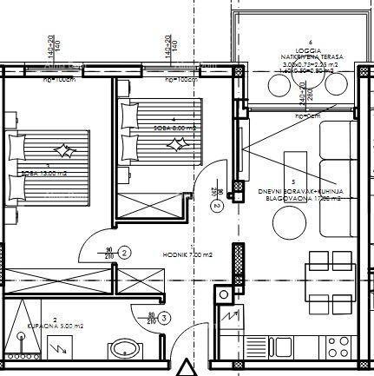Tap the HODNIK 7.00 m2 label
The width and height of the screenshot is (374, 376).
click(x=187, y=254)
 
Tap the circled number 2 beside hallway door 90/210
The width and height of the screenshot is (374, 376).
click(x=125, y=253)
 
